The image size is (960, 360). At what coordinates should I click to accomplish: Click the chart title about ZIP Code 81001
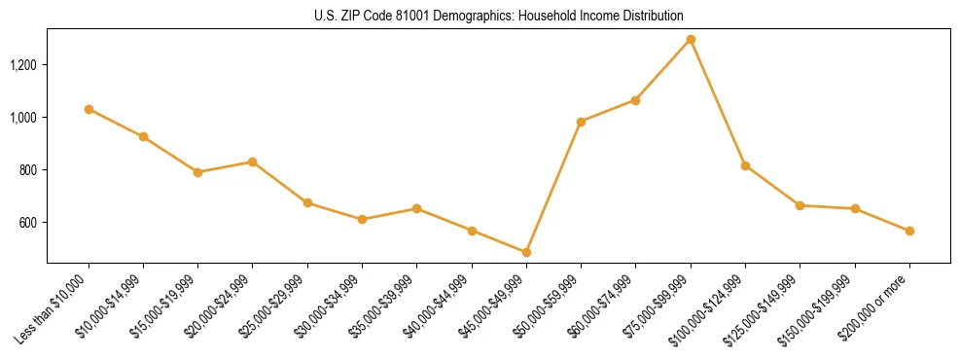pyautogui.click(x=499, y=17)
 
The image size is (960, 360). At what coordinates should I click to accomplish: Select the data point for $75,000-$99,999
pyautogui.click(x=691, y=39)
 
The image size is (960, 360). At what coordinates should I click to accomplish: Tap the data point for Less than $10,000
pyautogui.click(x=89, y=109)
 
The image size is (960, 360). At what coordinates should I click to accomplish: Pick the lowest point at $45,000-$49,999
pyautogui.click(x=526, y=252)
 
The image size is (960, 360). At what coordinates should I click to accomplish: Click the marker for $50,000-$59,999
pyautogui.click(x=581, y=122)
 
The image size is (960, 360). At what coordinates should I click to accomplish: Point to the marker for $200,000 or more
pyautogui.click(x=909, y=231)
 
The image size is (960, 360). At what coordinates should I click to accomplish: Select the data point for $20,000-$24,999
pyautogui.click(x=253, y=162)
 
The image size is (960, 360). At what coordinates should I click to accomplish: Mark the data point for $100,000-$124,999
pyautogui.click(x=745, y=165)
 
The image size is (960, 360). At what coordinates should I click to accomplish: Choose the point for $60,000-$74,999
pyautogui.click(x=635, y=100)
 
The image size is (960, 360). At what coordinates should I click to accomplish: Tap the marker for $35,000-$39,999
pyautogui.click(x=416, y=208)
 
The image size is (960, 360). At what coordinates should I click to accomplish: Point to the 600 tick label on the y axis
pyautogui.click(x=29, y=223)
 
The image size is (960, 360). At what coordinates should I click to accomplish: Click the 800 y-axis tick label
pyautogui.click(x=29, y=170)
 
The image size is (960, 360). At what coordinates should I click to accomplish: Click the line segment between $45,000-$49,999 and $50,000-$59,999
pyautogui.click(x=553, y=187)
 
